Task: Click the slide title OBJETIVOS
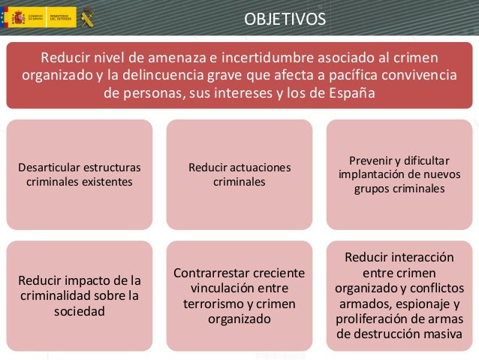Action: pos(285,17)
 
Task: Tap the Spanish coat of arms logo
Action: pos(18,17)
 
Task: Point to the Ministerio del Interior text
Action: pos(60,17)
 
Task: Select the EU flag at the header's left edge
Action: pos(3,17)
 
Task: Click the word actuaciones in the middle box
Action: pos(264,166)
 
